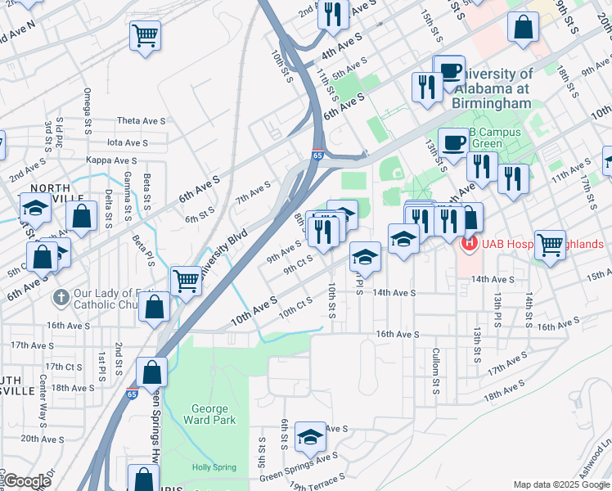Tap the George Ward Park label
214,414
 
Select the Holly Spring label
214,468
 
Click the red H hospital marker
470,243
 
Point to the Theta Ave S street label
141,120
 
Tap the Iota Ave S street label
128,142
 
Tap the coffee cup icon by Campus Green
453,142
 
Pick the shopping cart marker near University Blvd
187,280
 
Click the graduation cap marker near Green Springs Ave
310,437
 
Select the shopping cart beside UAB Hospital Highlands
550,243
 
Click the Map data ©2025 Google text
560,484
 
